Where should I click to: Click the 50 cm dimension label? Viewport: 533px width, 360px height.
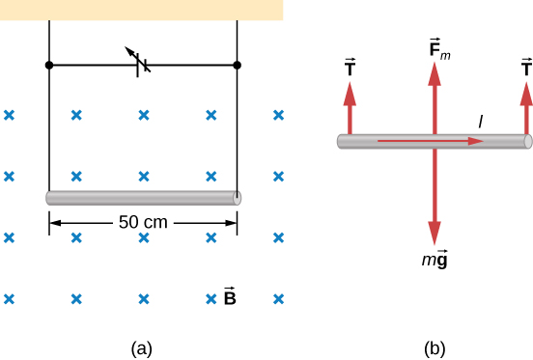click(x=143, y=222)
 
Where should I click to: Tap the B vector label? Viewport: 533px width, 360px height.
click(x=230, y=297)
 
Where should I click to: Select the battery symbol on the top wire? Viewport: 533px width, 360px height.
click(x=141, y=66)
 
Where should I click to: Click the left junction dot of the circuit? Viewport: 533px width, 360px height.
click(x=49, y=66)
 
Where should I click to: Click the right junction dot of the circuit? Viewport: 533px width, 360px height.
click(x=238, y=66)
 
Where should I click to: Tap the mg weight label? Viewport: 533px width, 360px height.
click(x=435, y=257)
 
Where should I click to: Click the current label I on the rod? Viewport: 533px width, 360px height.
click(x=480, y=121)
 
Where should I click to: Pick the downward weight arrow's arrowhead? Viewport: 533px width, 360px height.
click(x=435, y=232)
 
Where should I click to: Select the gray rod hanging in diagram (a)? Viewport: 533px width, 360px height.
click(x=143, y=198)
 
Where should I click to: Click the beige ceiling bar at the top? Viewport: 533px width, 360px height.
click(x=141, y=10)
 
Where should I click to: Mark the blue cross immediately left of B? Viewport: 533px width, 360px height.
click(x=211, y=298)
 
